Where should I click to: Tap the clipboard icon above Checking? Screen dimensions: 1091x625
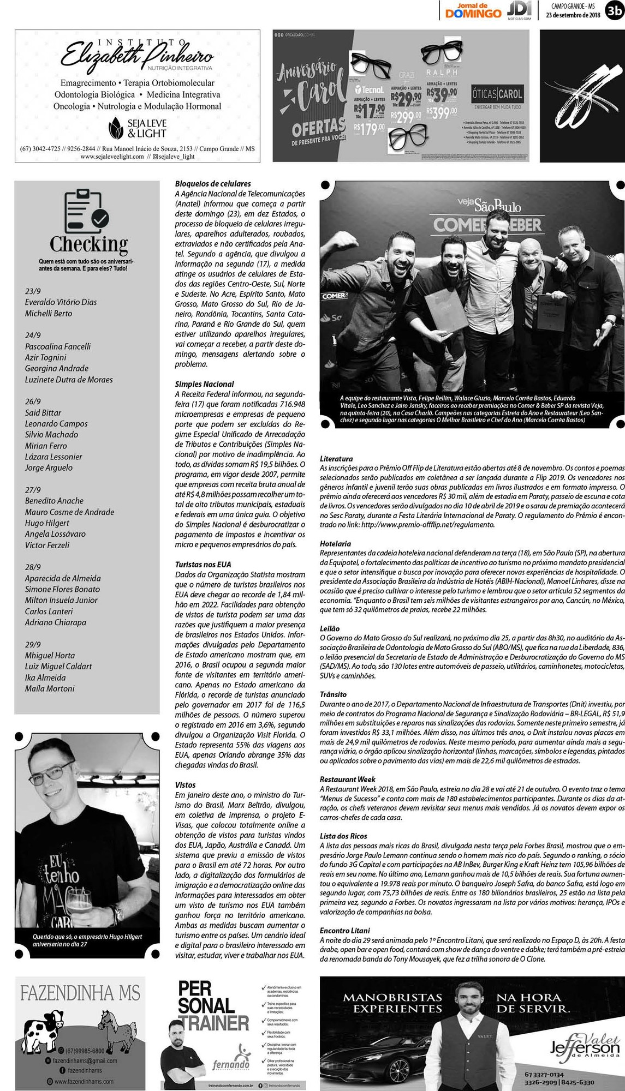click(87, 211)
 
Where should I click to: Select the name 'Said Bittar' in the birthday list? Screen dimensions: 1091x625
click(43, 412)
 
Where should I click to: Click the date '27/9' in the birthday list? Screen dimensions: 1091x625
click(33, 489)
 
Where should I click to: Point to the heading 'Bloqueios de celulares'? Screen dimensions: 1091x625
click(213, 184)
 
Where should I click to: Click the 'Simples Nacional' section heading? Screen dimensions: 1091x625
click(204, 384)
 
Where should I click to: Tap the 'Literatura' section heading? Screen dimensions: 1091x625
click(336, 459)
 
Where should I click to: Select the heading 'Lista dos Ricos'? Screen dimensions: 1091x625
click(343, 836)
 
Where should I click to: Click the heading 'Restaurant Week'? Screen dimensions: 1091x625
click(348, 779)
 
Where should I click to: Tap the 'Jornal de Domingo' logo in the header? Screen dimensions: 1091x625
click(473, 10)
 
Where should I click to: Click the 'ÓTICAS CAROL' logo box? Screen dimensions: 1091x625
click(497, 94)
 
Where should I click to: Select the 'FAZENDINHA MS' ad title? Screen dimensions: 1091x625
click(80, 992)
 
